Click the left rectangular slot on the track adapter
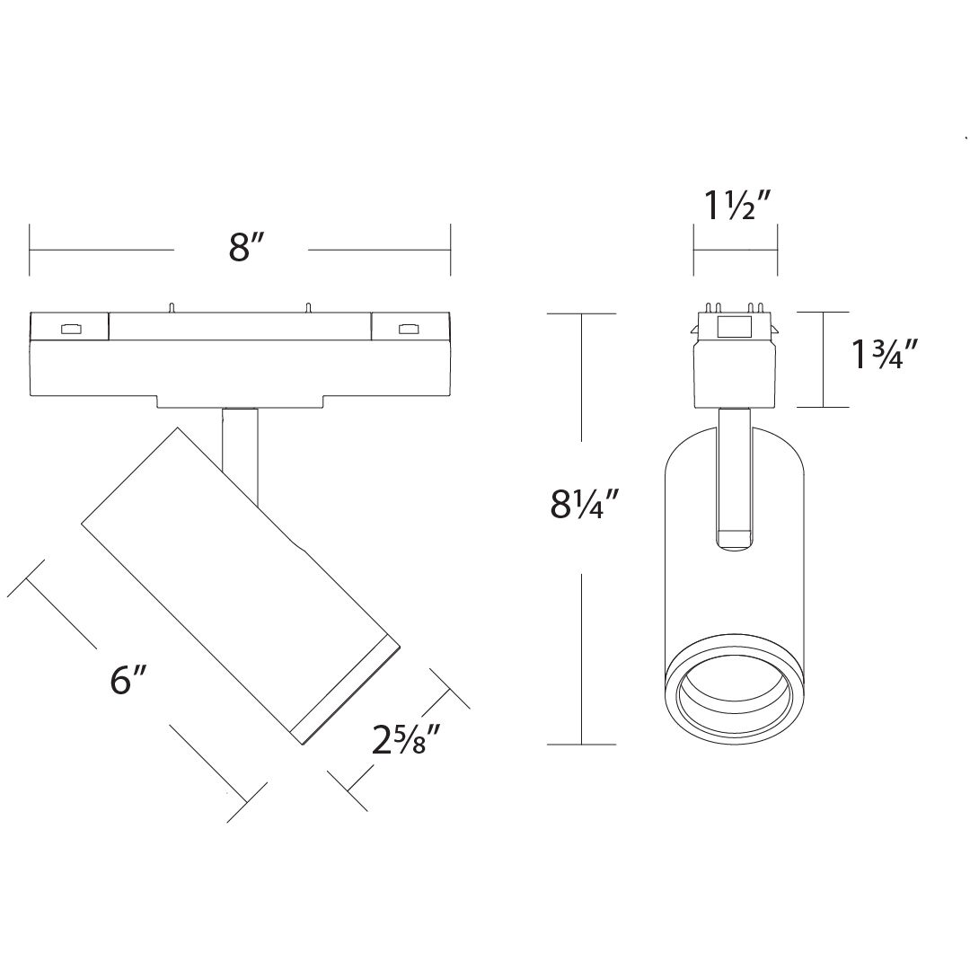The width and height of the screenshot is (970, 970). click(x=68, y=329)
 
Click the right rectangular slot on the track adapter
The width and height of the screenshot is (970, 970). click(x=409, y=329)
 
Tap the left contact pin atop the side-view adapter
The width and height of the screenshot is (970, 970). click(x=168, y=307)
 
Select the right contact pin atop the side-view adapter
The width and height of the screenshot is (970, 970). click(x=307, y=307)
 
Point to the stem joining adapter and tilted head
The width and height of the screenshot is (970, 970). click(x=242, y=449)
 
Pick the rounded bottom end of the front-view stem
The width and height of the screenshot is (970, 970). click(x=735, y=539)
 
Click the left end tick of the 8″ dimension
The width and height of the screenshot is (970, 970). click(x=31, y=250)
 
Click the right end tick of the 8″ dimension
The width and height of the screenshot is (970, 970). click(x=450, y=250)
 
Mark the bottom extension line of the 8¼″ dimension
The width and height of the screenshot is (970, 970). click(x=582, y=745)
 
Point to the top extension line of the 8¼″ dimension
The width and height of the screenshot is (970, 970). click(x=582, y=313)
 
